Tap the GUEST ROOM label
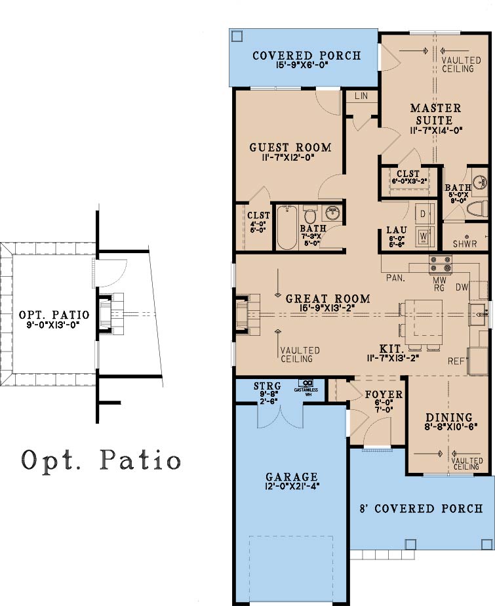click(290, 148)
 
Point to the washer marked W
click(424, 235)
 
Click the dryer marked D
click(424, 214)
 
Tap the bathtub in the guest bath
click(287, 228)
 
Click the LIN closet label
click(361, 96)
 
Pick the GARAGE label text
click(292, 477)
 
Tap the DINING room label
click(449, 418)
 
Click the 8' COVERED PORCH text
click(422, 508)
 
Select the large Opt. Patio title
click(101, 460)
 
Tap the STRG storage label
click(267, 386)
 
